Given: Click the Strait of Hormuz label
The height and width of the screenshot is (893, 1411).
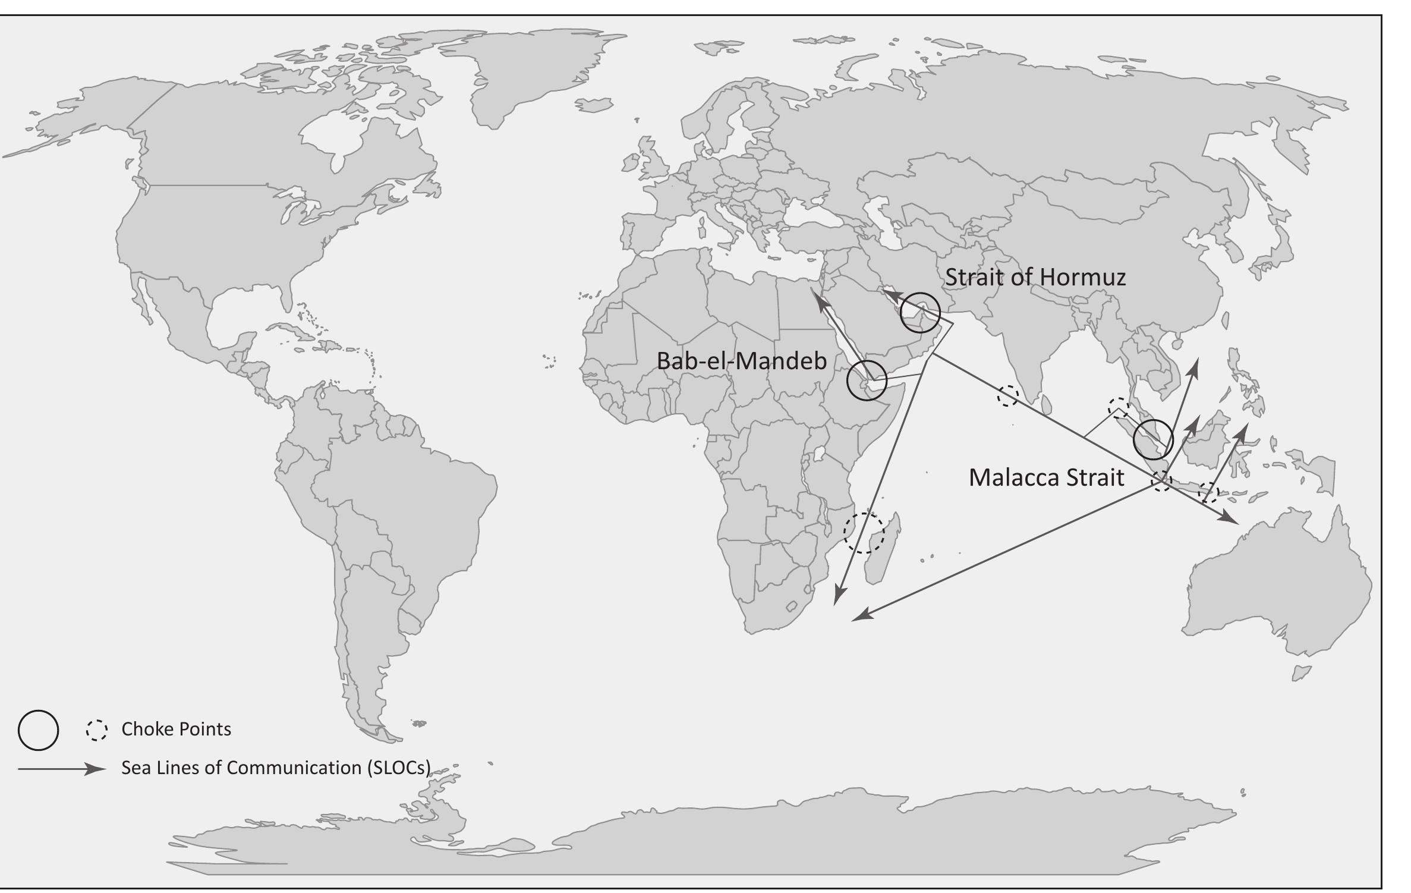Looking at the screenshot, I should (1035, 278).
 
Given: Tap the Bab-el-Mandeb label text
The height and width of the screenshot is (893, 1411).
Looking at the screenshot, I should (741, 361).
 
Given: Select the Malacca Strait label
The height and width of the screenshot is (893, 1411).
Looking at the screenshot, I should (1046, 477).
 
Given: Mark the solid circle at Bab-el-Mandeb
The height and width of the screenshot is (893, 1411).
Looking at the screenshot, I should (867, 380).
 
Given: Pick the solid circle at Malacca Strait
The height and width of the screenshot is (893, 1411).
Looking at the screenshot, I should (1153, 439).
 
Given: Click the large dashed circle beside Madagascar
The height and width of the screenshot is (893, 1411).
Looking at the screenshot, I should (864, 533).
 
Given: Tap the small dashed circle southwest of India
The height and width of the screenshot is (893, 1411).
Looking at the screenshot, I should (1007, 396).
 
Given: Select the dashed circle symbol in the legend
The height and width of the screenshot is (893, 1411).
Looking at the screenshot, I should (96, 730).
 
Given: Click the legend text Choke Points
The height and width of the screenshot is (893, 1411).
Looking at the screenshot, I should (176, 730).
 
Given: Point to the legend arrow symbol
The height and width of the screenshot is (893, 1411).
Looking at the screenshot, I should (62, 769).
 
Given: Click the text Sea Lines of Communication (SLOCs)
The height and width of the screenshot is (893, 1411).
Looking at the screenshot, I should (276, 768).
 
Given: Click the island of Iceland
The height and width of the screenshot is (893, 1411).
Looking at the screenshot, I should (595, 105).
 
